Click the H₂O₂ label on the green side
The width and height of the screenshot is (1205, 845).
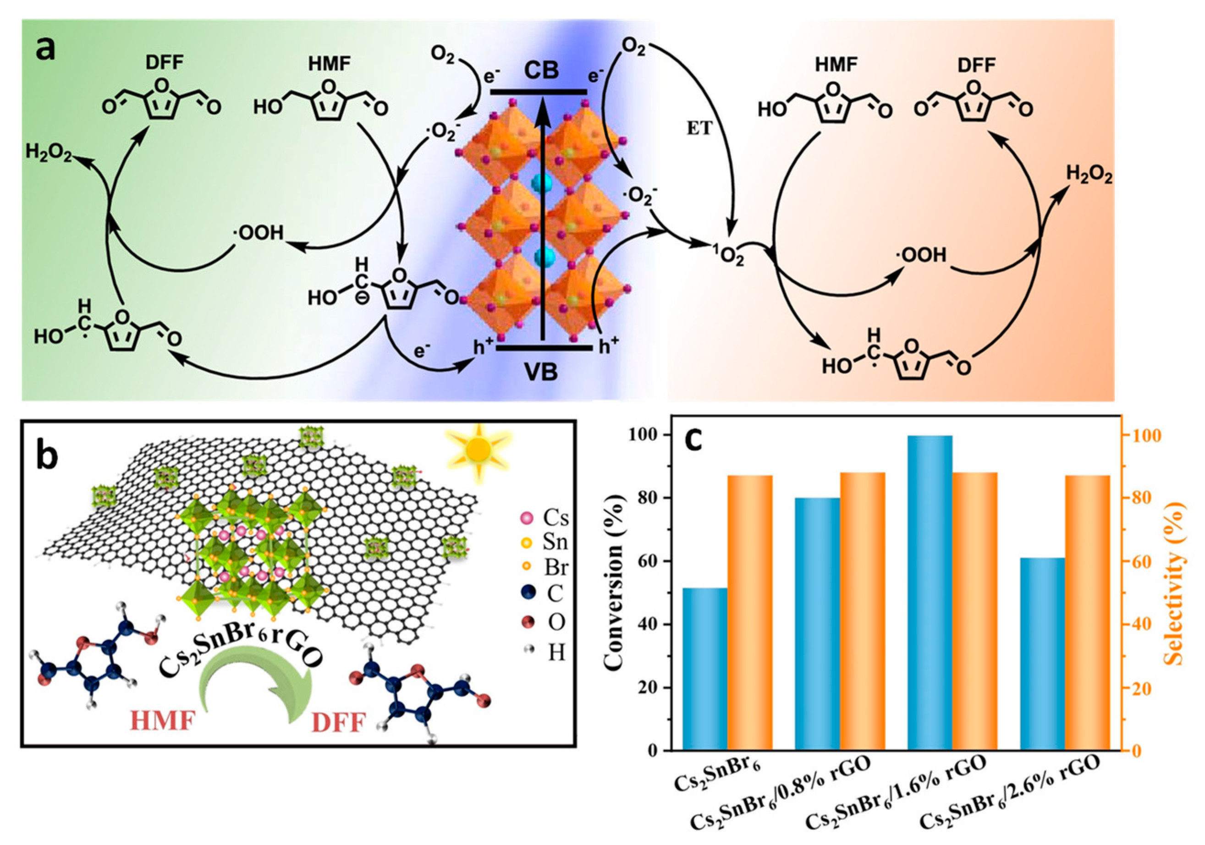48,153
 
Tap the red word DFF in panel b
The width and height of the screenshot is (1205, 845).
339,723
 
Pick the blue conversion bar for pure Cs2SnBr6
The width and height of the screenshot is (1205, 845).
705,669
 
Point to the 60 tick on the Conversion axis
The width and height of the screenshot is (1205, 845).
650,561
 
